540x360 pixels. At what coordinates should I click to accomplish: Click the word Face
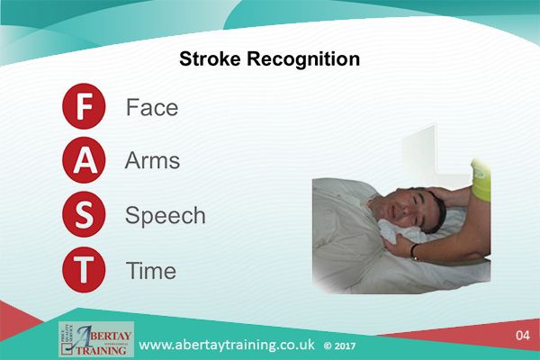click(x=152, y=108)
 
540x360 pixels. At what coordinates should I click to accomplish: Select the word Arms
click(x=153, y=162)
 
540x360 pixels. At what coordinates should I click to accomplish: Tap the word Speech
click(x=165, y=217)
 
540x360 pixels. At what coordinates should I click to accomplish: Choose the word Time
click(x=151, y=270)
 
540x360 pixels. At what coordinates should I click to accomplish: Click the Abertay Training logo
click(x=95, y=339)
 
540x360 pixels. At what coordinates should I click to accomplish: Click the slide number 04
click(x=522, y=336)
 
